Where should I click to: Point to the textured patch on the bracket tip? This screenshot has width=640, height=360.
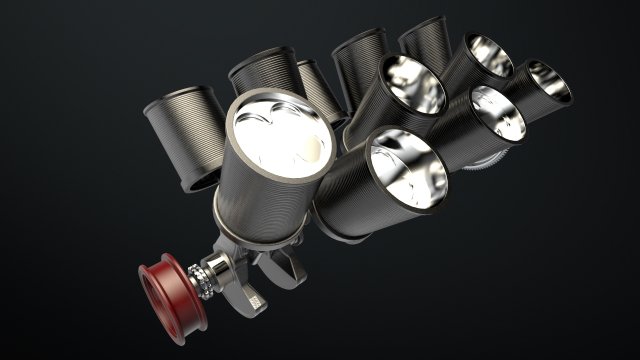coord(254,298)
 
